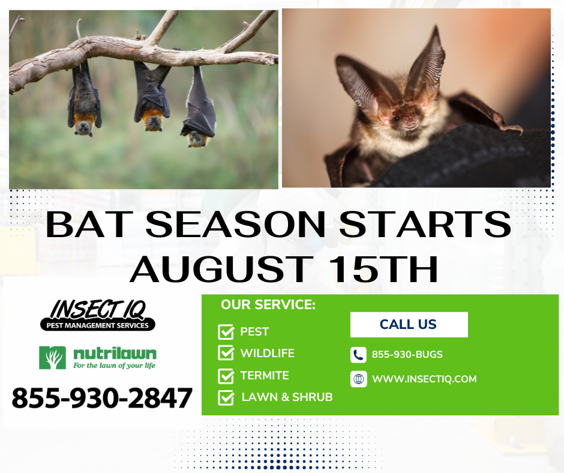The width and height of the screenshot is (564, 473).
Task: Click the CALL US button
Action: [x=409, y=325]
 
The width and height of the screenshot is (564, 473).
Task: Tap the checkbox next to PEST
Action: [x=226, y=332]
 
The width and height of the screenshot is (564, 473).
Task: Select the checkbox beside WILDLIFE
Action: [x=226, y=354]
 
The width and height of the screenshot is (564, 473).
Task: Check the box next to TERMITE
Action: [x=226, y=376]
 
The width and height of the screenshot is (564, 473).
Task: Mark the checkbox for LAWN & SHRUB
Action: [x=226, y=397]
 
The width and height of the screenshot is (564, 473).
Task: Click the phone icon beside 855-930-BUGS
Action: [x=358, y=355]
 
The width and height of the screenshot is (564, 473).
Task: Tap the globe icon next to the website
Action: [x=358, y=379]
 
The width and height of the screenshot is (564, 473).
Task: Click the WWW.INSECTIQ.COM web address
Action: [x=424, y=379]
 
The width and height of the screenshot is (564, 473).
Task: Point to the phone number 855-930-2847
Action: [x=102, y=398]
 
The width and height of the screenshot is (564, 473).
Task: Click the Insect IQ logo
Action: [x=97, y=314]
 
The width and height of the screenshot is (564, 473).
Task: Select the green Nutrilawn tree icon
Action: [x=52, y=358]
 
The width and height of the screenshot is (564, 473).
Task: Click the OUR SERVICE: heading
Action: [x=268, y=305]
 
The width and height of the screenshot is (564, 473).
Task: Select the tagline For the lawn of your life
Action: [x=114, y=365]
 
